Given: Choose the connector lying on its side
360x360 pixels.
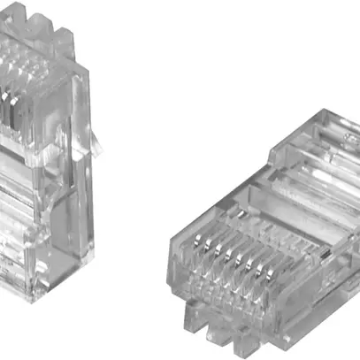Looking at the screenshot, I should click(x=257, y=230).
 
